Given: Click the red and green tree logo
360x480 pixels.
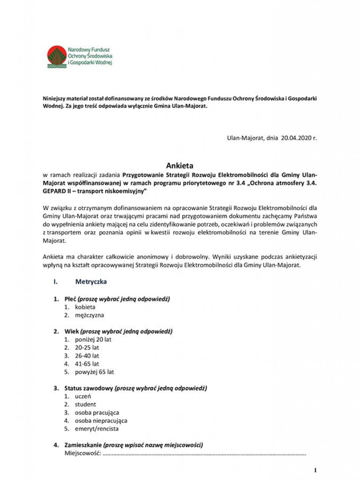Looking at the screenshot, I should (57, 57).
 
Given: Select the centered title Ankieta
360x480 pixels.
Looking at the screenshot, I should (180, 165).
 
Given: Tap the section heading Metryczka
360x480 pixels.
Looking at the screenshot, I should (90, 282).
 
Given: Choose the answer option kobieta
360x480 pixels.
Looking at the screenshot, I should (85, 307).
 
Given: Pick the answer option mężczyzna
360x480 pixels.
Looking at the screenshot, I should (90, 315).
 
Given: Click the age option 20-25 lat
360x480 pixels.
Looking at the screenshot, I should (87, 347).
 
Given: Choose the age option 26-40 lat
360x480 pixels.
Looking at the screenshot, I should (87, 355).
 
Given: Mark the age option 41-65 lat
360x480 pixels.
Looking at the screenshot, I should (87, 363).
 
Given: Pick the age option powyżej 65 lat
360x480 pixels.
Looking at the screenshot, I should (94, 372).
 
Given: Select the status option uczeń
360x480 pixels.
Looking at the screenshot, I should (83, 396).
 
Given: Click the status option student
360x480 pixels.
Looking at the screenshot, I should (85, 404).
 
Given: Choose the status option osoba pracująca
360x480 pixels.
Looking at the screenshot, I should (97, 412).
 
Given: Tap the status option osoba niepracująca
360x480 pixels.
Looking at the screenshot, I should (101, 420).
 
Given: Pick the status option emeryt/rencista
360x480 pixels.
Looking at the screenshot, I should (97, 428).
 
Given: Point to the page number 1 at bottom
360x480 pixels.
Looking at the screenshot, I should (315, 470).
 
